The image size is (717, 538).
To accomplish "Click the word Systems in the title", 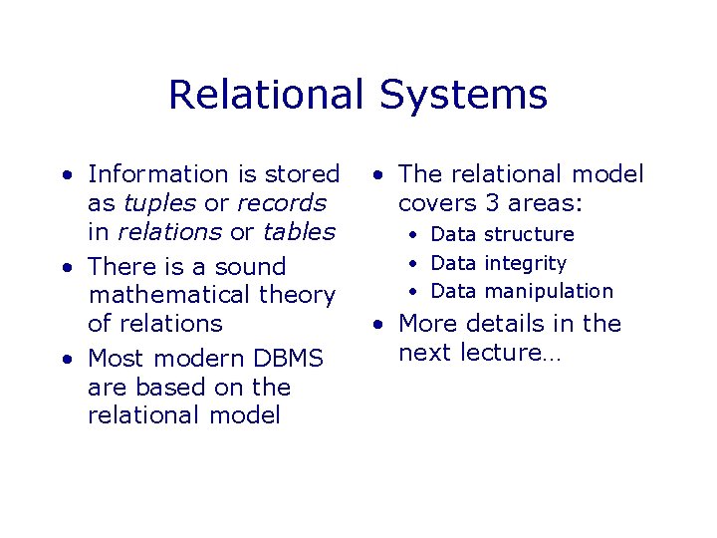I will [x=463, y=96].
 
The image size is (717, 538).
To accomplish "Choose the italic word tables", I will [x=299, y=232].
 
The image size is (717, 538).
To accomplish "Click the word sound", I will [x=251, y=267].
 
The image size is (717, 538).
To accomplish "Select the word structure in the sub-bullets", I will [x=529, y=235].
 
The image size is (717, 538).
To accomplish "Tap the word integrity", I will [x=525, y=263].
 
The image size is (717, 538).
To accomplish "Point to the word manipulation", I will [x=549, y=292].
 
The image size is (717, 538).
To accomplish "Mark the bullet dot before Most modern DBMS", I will [x=65, y=358].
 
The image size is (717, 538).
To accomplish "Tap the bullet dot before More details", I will [x=377, y=324].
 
